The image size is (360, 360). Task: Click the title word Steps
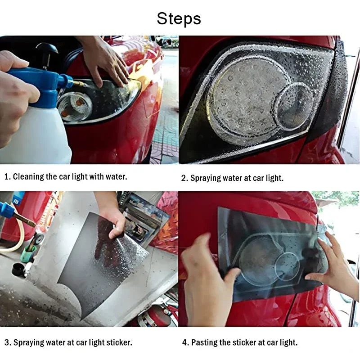(179, 18)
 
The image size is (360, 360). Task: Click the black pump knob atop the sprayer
(47, 51)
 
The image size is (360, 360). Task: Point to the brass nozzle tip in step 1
(80, 84)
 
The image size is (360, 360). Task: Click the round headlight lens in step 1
(75, 106)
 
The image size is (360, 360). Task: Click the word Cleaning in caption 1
(28, 177)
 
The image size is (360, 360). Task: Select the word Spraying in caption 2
(206, 178)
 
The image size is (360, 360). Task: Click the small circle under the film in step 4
(288, 265)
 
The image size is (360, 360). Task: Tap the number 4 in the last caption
(184, 342)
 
